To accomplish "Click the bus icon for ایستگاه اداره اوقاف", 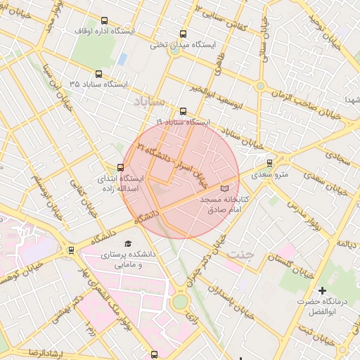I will pos(105,21).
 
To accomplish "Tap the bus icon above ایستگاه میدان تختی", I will pos(184,34).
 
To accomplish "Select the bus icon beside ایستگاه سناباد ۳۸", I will pos(98,73).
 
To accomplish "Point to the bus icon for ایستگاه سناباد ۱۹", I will pos(184,111).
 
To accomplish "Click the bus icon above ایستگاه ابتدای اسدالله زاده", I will pos(120,167).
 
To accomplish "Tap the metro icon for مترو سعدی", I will pos(270,163).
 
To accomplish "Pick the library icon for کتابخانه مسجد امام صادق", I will pos(225,188).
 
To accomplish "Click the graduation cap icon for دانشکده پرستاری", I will pos(128,243).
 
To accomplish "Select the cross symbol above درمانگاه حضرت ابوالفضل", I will pos(323,290).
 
